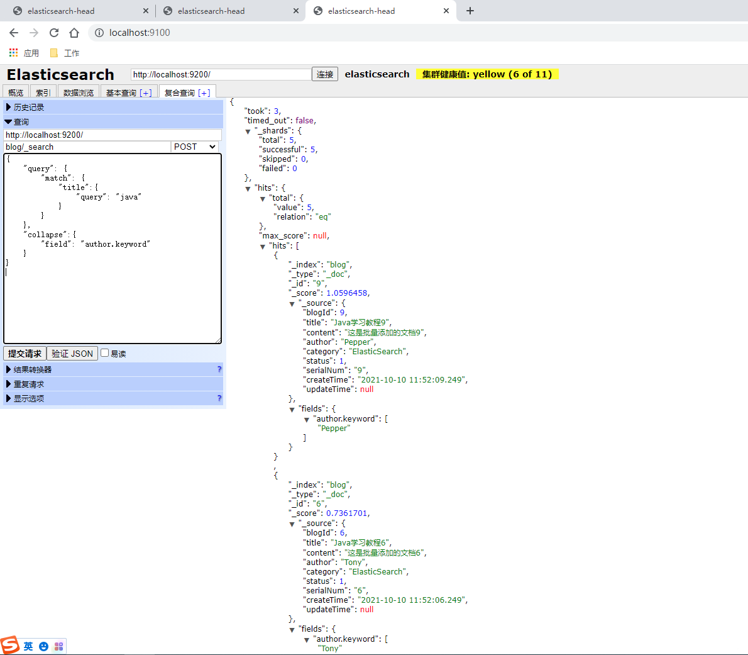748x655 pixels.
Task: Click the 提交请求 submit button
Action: click(25, 353)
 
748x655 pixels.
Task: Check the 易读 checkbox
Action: click(104, 353)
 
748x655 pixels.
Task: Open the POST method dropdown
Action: click(195, 147)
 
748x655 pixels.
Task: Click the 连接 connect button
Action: click(325, 74)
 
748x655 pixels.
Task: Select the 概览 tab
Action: click(16, 92)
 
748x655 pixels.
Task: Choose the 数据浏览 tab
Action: click(78, 92)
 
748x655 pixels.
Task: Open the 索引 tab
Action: click(43, 92)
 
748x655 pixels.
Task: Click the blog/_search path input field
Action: click(87, 147)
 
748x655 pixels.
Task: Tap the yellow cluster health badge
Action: click(487, 74)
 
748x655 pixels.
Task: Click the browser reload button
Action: click(54, 33)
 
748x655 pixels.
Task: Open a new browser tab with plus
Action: click(470, 11)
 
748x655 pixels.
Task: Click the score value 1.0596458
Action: click(347, 293)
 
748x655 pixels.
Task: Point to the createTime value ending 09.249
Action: click(411, 380)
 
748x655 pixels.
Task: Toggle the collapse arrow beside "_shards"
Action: click(248, 132)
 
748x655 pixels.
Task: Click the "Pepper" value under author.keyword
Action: click(334, 428)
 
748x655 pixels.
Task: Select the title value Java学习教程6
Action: click(360, 543)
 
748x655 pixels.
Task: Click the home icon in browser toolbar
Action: click(74, 33)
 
